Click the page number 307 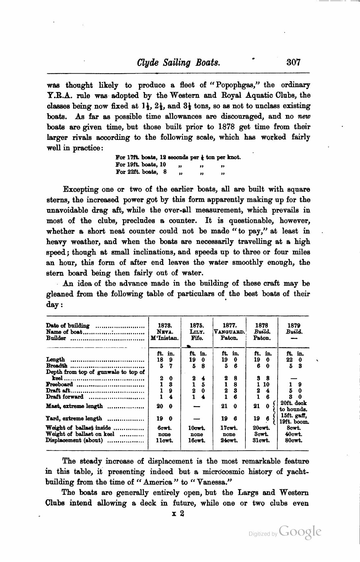click(293, 62)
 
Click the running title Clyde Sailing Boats click(179, 62)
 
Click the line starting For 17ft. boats click(178, 157)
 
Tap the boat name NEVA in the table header click(165, 331)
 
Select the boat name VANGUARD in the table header click(229, 332)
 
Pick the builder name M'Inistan click(165, 338)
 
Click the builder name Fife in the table click(197, 338)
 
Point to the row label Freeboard click(59, 384)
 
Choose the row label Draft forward click(65, 397)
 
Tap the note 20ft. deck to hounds click(293, 406)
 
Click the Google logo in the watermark click(300, 532)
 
